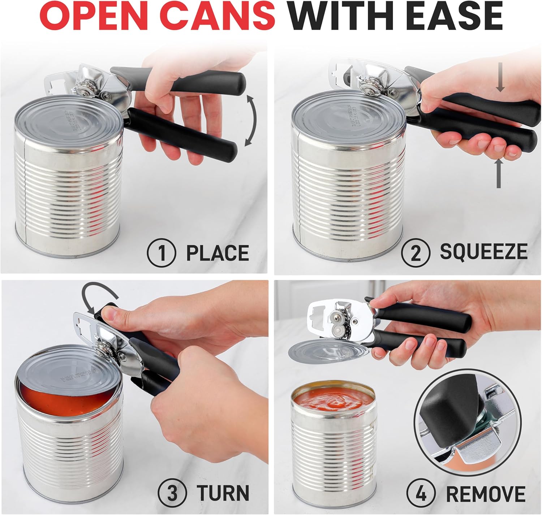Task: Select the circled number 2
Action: (x=416, y=252)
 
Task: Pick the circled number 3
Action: (x=172, y=493)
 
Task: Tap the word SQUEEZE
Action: (x=483, y=252)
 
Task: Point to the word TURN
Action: (x=223, y=493)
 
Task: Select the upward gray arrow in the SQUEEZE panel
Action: (x=499, y=173)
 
